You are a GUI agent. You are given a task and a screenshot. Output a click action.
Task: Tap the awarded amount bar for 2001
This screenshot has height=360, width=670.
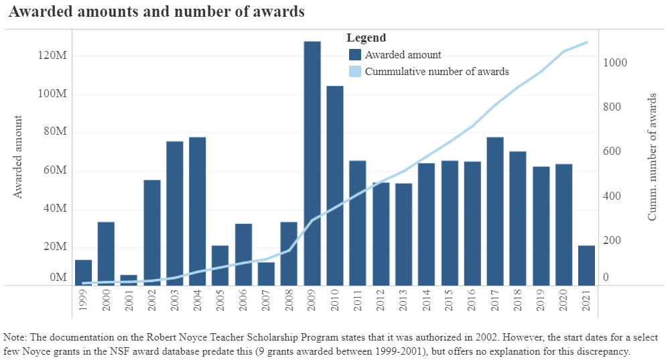129,280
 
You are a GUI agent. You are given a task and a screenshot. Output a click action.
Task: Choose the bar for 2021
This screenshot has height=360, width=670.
586,265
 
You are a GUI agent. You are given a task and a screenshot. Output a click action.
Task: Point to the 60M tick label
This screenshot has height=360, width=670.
54,171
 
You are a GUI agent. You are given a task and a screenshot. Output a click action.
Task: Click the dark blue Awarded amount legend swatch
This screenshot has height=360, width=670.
355,55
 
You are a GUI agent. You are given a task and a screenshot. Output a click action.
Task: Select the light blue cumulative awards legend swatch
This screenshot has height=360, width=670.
355,71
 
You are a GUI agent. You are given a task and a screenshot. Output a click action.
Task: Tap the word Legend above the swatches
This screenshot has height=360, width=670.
366,38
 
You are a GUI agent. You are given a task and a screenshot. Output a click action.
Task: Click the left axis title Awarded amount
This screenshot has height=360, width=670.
19,157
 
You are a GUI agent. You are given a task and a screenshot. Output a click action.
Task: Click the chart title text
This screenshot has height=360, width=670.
156,11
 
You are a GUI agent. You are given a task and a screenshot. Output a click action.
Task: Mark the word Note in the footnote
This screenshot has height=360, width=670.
15,337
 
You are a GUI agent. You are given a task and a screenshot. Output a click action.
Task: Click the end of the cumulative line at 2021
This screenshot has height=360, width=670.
586,42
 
